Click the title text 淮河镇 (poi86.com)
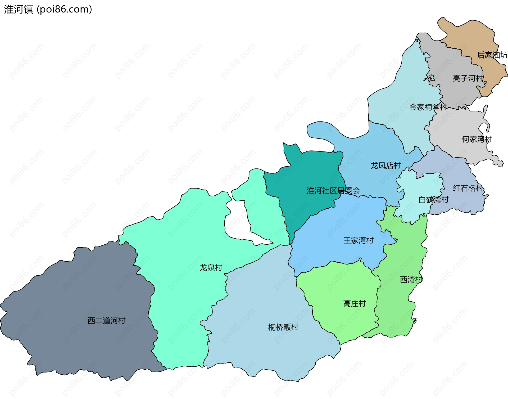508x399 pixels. [48, 9]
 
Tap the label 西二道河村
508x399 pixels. [106, 321]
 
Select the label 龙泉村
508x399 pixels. [211, 268]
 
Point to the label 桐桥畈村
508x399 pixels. [283, 327]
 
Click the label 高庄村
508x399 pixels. [354, 303]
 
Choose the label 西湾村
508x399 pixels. [411, 280]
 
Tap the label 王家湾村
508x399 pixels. [358, 240]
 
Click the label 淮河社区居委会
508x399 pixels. [333, 190]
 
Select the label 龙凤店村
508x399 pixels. [386, 165]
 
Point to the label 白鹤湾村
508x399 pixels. [433, 200]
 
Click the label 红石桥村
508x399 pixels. [468, 188]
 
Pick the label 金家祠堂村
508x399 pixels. [428, 107]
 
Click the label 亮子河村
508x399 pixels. [468, 78]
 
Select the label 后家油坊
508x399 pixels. [492, 55]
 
